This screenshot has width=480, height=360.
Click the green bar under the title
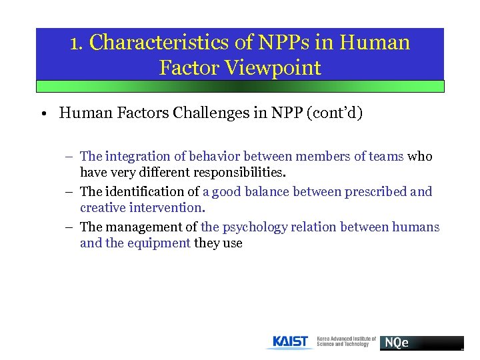pos(240,86)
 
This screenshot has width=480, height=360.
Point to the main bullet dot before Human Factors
pos(42,113)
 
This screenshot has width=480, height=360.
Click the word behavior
pos(215,157)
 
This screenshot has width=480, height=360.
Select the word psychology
pos(255,227)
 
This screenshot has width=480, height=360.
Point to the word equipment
pos(159,243)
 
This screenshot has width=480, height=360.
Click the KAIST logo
pos(291,342)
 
